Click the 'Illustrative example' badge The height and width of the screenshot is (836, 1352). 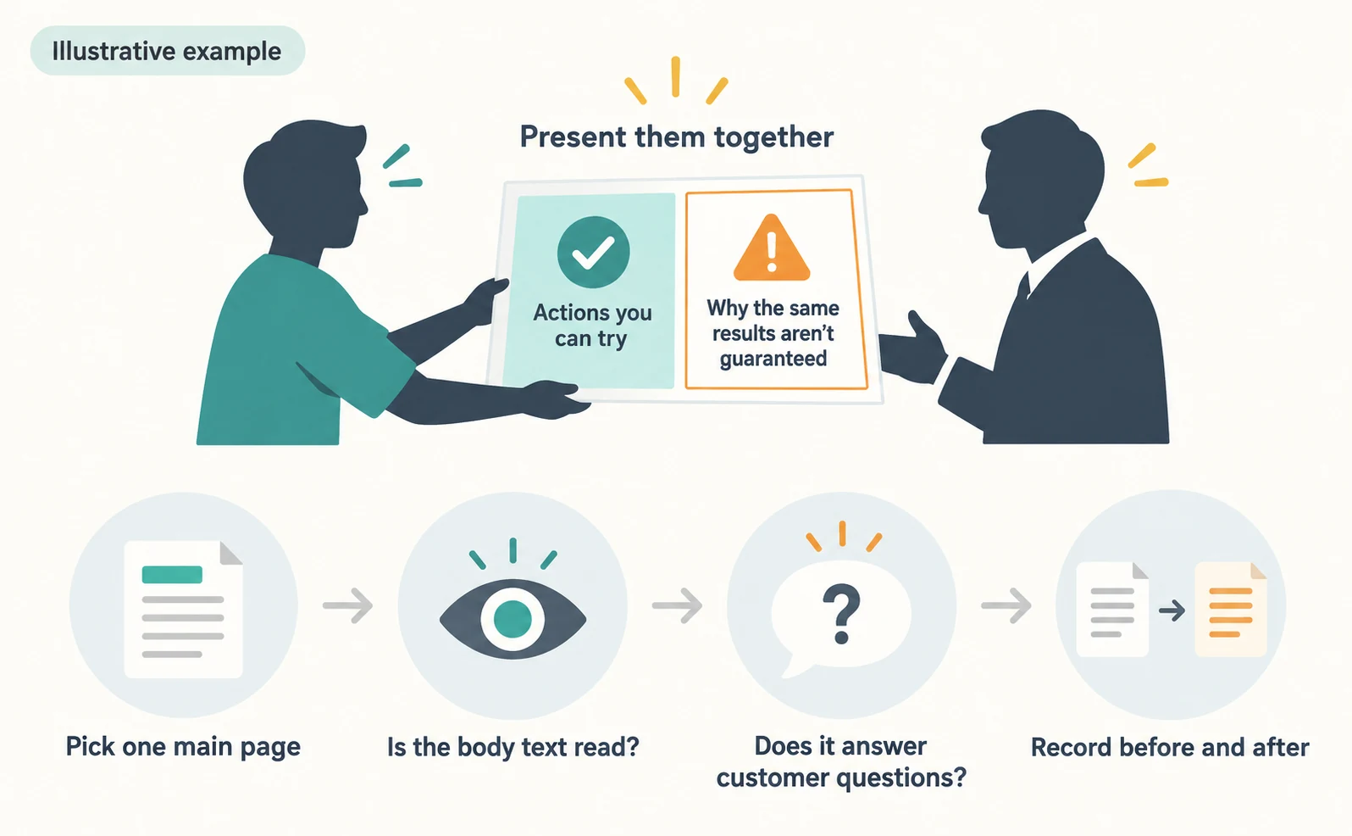pos(167,51)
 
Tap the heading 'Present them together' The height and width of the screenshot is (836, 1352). pos(677,137)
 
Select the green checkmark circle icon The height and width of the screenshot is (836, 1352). pos(593,252)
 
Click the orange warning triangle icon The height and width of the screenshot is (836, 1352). pos(772,248)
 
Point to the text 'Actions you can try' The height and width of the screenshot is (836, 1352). pos(592,326)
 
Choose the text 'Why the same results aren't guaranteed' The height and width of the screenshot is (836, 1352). pos(773,333)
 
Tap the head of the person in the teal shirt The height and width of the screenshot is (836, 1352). pos(306,184)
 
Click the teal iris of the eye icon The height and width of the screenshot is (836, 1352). pos(513,619)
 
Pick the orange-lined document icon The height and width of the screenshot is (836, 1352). pos(1231,609)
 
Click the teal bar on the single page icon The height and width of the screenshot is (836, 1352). pos(172,575)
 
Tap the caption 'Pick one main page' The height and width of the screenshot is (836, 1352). pos(183,747)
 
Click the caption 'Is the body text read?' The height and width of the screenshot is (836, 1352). pos(513,747)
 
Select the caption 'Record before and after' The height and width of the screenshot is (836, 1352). pos(1170,747)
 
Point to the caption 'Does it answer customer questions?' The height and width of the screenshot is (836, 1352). pos(841,762)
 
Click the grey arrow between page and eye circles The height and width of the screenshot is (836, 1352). pos(347,605)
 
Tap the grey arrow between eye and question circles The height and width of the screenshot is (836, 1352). pos(677,605)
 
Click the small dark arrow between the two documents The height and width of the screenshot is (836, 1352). pos(1172,610)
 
